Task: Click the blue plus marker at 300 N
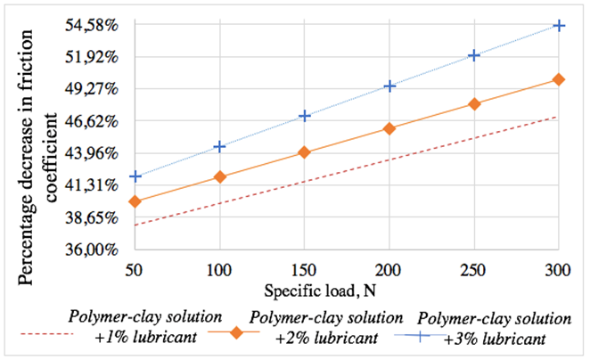(559, 25)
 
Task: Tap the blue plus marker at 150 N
(305, 116)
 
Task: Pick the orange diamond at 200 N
(389, 128)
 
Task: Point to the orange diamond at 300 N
(559, 79)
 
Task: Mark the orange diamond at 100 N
(220, 177)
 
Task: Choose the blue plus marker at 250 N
(474, 55)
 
